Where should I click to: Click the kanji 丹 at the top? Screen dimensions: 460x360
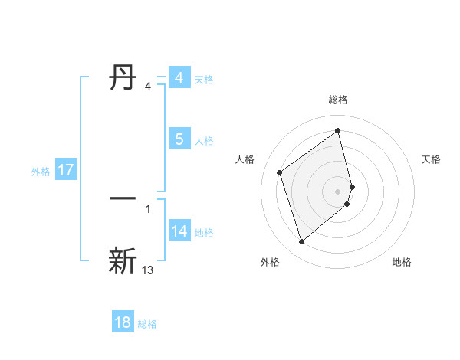(123, 78)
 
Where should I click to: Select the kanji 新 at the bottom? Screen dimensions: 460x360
(123, 260)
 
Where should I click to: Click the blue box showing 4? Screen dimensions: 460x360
(179, 78)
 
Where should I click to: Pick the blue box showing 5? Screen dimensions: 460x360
(179, 139)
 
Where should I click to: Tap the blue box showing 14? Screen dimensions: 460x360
(179, 231)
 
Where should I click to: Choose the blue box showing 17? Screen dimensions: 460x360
(66, 170)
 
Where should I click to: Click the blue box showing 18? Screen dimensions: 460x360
(123, 322)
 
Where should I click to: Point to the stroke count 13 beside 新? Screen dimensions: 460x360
(148, 270)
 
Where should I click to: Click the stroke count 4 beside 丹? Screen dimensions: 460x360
(148, 87)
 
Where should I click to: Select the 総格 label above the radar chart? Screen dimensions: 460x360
(338, 100)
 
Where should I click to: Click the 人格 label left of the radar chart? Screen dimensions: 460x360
(245, 159)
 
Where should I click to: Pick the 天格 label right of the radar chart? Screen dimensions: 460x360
(432, 159)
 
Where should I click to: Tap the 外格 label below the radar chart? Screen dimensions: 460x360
(270, 262)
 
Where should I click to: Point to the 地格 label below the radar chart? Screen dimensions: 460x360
(402, 262)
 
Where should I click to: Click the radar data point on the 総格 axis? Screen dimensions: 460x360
(338, 130)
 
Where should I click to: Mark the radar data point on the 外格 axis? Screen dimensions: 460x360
(301, 242)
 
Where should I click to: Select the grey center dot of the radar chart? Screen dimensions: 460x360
(338, 191)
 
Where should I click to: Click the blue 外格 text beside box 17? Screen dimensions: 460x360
(41, 171)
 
